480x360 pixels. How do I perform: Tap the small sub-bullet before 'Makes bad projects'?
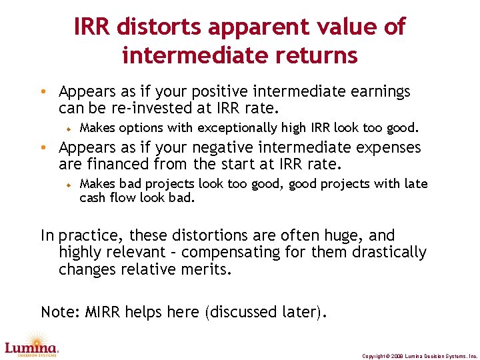pos(68,184)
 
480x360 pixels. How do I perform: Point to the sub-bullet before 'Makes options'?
pos(68,128)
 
